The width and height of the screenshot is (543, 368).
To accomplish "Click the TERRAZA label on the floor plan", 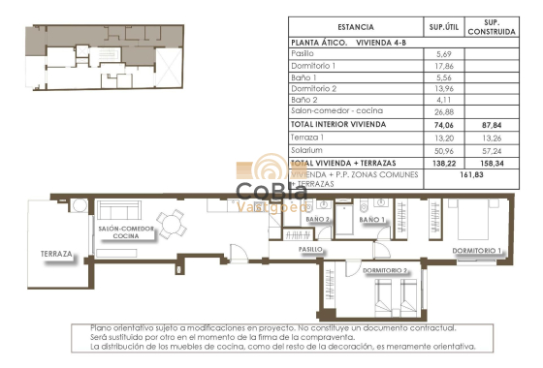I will [57, 255].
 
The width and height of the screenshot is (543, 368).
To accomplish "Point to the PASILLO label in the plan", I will [310, 249].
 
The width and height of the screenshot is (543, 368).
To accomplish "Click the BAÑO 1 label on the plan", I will [372, 221].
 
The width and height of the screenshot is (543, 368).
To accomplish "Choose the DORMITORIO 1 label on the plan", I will [478, 251].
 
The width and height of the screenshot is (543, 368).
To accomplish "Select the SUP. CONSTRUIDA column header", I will [484, 27].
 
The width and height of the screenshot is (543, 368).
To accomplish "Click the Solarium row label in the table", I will [308, 150].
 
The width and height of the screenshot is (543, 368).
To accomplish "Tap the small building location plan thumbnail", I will [102, 59].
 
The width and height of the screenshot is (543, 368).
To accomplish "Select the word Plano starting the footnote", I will [102, 327].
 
